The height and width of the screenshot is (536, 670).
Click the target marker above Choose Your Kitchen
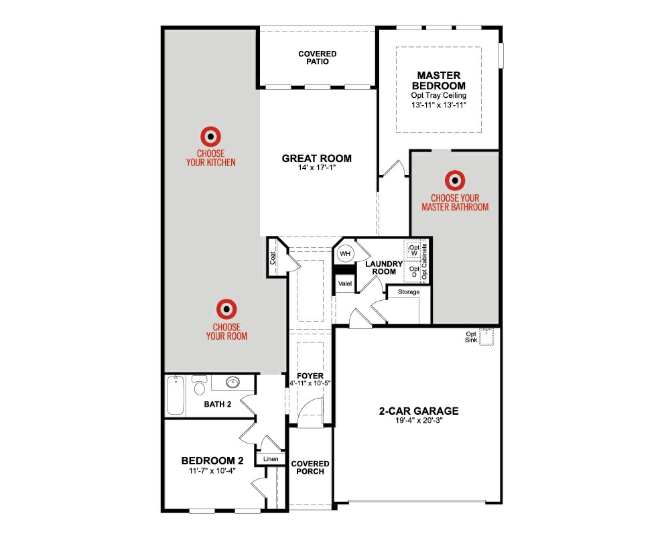(210, 137)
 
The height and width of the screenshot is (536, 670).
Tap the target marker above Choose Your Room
(226, 309)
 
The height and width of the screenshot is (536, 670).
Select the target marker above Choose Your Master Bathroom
(455, 181)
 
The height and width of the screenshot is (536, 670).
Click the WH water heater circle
(345, 254)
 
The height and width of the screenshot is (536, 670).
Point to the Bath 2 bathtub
(175, 395)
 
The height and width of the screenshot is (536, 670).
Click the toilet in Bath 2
(199, 385)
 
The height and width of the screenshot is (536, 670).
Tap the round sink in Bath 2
(232, 382)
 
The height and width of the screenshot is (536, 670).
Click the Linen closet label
(271, 459)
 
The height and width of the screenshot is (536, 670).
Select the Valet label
(345, 283)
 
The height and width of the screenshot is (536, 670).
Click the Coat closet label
(273, 258)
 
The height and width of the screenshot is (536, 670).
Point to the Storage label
(409, 292)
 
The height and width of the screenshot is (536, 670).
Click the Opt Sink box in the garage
(486, 337)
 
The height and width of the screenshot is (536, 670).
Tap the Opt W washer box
(414, 251)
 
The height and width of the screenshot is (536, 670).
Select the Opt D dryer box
(414, 271)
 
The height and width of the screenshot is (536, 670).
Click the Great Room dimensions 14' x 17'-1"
(317, 167)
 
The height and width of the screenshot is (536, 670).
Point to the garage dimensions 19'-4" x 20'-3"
(419, 420)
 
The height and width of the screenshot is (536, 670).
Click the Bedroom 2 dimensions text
(212, 470)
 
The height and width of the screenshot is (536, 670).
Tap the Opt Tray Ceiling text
(439, 95)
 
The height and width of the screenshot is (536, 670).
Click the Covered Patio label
(318, 58)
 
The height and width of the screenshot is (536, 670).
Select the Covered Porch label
(310, 468)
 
